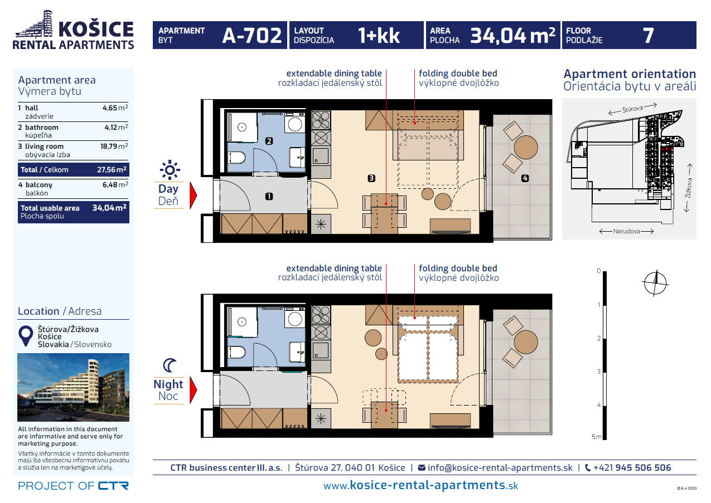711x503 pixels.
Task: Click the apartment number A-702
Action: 251,35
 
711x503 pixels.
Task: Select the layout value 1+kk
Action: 379,35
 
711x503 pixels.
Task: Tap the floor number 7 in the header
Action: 648,35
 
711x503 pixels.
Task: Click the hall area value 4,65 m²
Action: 115,108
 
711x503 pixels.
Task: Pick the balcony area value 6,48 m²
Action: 115,184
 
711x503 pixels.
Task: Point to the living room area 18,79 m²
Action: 114,146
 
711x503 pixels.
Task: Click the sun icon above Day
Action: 170,170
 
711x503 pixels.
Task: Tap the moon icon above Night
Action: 170,365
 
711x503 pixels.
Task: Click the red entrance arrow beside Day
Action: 194,196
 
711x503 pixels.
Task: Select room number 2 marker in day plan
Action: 269,141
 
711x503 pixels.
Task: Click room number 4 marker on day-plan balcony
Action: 525,178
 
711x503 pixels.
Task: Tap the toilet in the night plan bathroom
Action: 237,352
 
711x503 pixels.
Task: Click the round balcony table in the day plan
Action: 526,147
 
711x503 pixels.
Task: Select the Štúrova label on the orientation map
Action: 632,109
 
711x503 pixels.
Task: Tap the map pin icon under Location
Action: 26,335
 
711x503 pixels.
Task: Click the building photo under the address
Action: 73,387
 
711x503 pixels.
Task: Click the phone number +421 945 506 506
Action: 632,468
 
